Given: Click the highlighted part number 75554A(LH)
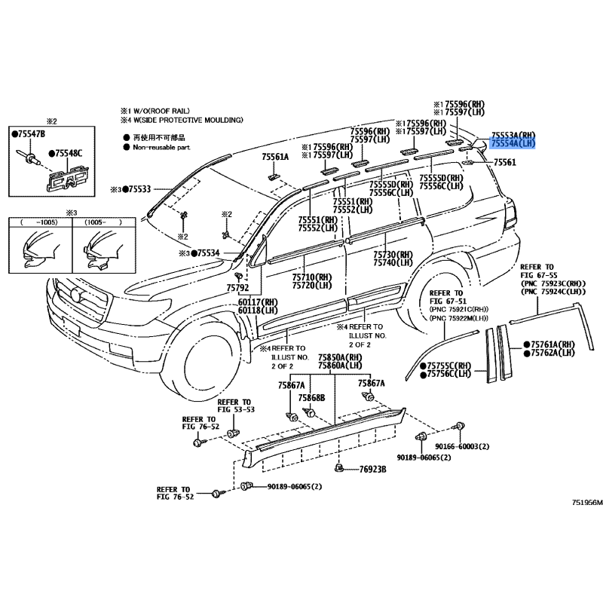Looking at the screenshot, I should tap(513, 142).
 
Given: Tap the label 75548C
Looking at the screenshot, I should tap(69, 154).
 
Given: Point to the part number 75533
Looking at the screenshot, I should tap(138, 188).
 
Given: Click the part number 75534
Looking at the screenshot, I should tap(205, 253).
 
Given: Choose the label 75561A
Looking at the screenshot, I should tap(275, 157).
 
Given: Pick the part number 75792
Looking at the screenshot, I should tap(237, 287).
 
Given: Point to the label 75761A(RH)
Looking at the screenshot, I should tap(552, 344).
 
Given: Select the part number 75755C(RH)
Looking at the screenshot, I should tap(450, 364).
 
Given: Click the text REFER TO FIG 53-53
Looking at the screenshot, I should tap(234, 406).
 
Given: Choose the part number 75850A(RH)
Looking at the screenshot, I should tap(340, 357).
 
